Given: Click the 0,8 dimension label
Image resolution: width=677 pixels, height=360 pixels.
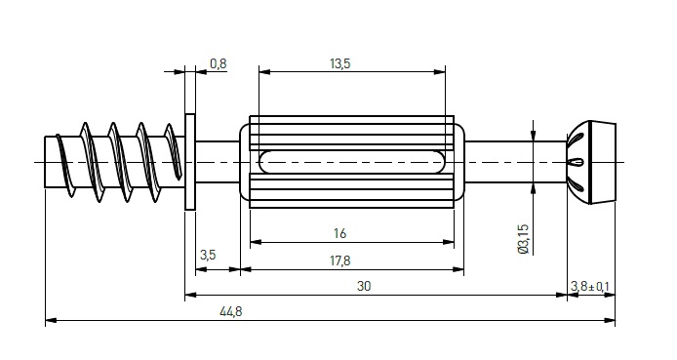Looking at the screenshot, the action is (219, 63).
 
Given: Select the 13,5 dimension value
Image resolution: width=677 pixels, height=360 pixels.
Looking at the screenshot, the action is (340, 63).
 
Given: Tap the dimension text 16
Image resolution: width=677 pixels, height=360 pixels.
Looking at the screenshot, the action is (339, 233).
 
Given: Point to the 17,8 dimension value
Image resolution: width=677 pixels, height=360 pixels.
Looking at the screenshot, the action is (340, 260).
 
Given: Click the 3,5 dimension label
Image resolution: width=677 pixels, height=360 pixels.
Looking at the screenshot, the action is (208, 255).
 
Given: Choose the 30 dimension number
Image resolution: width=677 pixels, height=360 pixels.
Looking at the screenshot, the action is (364, 286).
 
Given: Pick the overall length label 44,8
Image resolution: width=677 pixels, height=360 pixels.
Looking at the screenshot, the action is (231, 311).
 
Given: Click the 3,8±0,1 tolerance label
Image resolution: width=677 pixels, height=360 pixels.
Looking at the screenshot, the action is (590, 286).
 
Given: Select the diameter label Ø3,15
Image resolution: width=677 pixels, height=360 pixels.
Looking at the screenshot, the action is (523, 239).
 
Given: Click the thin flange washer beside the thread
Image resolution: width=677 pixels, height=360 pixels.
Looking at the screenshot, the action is (190, 162).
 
